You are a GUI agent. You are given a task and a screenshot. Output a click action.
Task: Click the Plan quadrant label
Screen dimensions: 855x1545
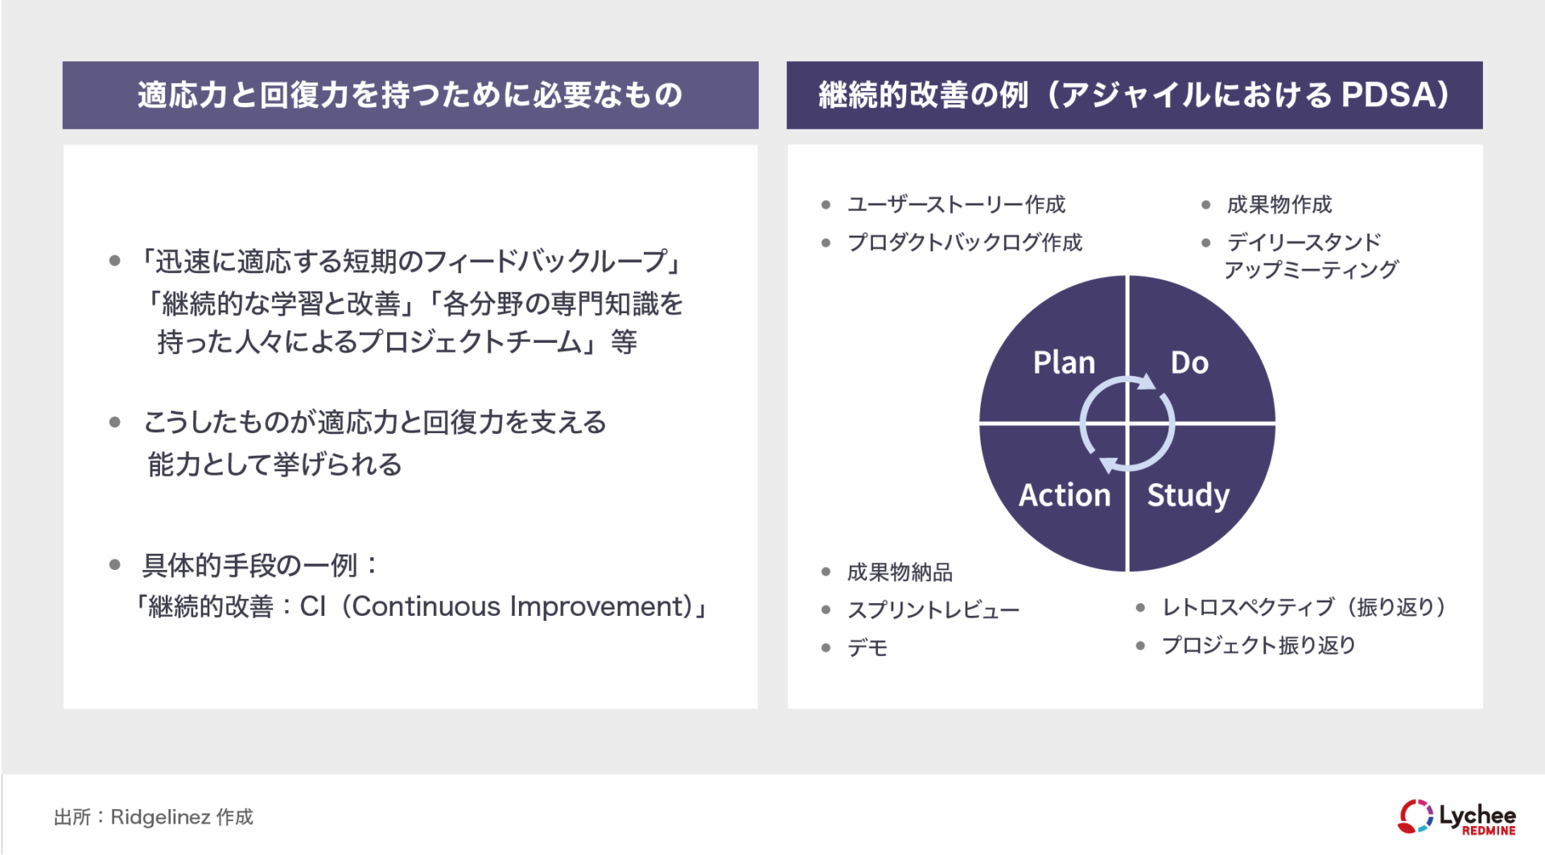pyautogui.click(x=1064, y=363)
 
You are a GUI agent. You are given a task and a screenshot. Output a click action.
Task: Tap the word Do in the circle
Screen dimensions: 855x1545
pyautogui.click(x=1189, y=363)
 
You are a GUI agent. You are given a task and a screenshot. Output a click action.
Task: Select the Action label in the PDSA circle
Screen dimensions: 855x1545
pyautogui.click(x=1065, y=495)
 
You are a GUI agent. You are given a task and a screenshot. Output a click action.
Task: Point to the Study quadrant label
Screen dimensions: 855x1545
pyautogui.click(x=1189, y=496)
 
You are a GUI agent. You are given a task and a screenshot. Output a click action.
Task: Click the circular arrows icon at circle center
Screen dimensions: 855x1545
pyautogui.click(x=1127, y=423)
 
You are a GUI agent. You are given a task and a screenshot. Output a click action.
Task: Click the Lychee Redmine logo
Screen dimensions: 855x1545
pyautogui.click(x=1456, y=817)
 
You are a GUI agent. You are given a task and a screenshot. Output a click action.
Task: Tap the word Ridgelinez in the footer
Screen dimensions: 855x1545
pyautogui.click(x=160, y=817)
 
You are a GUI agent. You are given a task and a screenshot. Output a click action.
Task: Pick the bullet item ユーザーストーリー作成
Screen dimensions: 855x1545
pyautogui.click(x=956, y=204)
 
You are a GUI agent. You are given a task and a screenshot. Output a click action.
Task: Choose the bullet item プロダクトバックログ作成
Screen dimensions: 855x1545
pyautogui.click(x=965, y=242)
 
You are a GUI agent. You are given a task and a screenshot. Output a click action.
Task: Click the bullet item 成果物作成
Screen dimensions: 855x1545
pyautogui.click(x=1279, y=204)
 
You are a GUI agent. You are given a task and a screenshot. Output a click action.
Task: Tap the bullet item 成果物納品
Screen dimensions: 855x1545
pyautogui.click(x=900, y=572)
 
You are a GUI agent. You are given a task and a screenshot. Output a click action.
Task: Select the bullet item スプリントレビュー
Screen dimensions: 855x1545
pyautogui.click(x=933, y=610)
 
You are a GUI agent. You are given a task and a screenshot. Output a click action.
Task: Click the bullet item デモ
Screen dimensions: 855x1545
pyautogui.click(x=867, y=648)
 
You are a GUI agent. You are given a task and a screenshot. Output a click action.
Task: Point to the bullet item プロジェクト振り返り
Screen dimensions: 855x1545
pyautogui.click(x=1259, y=645)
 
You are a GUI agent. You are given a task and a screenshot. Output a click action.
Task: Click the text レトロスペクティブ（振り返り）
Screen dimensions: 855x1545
pyautogui.click(x=1304, y=607)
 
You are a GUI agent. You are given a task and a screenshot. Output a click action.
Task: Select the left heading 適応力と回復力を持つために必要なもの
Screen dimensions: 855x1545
pyautogui.click(x=410, y=95)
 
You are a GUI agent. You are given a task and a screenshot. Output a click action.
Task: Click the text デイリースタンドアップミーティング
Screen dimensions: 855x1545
pyautogui.click(x=1310, y=256)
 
